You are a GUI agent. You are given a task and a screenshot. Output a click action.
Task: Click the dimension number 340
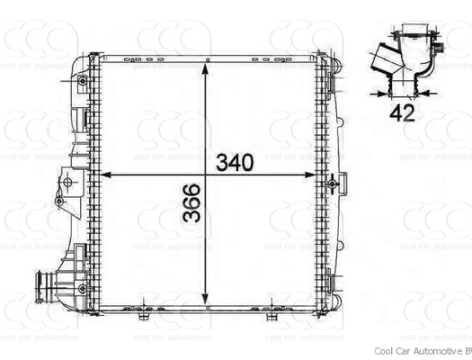point(236,163)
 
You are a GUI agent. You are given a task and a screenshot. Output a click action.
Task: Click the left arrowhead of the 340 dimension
point(102,175)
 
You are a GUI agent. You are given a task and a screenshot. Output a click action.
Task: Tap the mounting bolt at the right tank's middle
point(332,184)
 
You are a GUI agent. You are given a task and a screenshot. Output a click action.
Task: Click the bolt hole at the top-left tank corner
point(83,81)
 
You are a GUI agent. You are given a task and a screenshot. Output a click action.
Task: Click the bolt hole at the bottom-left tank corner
point(83,287)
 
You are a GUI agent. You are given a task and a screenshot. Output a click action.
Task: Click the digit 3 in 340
point(222,163)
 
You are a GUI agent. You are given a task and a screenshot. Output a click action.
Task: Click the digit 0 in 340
point(249,163)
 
